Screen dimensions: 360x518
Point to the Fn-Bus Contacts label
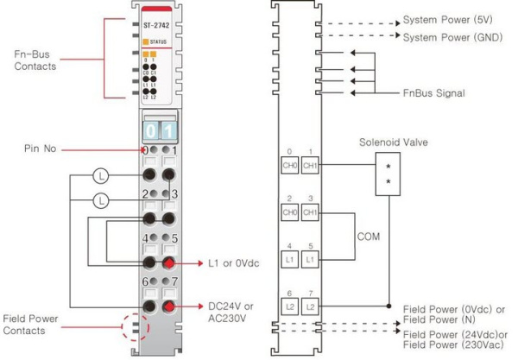[x=36, y=59]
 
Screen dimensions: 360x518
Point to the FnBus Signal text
[x=434, y=92]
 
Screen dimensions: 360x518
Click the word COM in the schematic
[x=370, y=233]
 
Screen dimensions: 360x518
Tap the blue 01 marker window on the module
[x=161, y=130]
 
